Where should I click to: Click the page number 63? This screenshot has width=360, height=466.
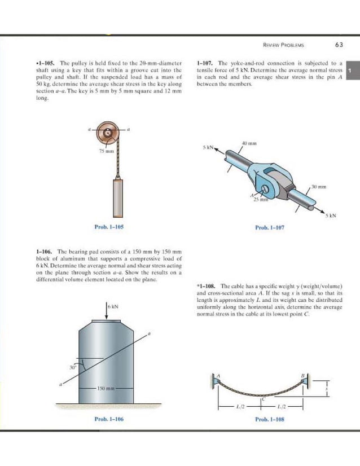[x=339, y=45]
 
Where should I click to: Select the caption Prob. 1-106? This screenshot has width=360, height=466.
[x=108, y=419]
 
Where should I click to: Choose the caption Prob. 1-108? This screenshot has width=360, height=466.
[x=270, y=419]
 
